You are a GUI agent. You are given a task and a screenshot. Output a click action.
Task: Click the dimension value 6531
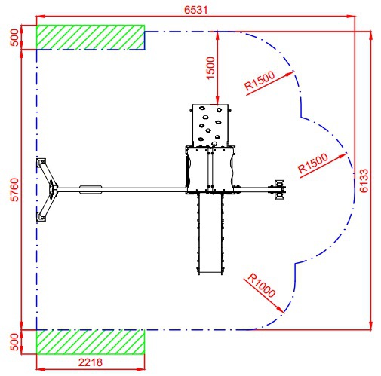pos(196,10)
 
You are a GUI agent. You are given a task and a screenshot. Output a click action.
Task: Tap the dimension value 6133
pos(364,181)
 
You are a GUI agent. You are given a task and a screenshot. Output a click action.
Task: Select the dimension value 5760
pos(15,190)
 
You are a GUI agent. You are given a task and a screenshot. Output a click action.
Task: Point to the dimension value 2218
pos(91,362)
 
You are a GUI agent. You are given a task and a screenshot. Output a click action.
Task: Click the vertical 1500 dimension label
pos(210,68)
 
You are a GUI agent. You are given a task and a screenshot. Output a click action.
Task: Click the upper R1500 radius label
pos(260,81)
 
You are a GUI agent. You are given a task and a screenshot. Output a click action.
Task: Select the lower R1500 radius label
pos(313,163)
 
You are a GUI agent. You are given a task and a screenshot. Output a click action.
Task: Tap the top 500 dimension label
pos(15,38)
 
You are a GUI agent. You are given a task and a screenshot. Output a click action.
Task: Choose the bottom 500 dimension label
pos(15,342)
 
